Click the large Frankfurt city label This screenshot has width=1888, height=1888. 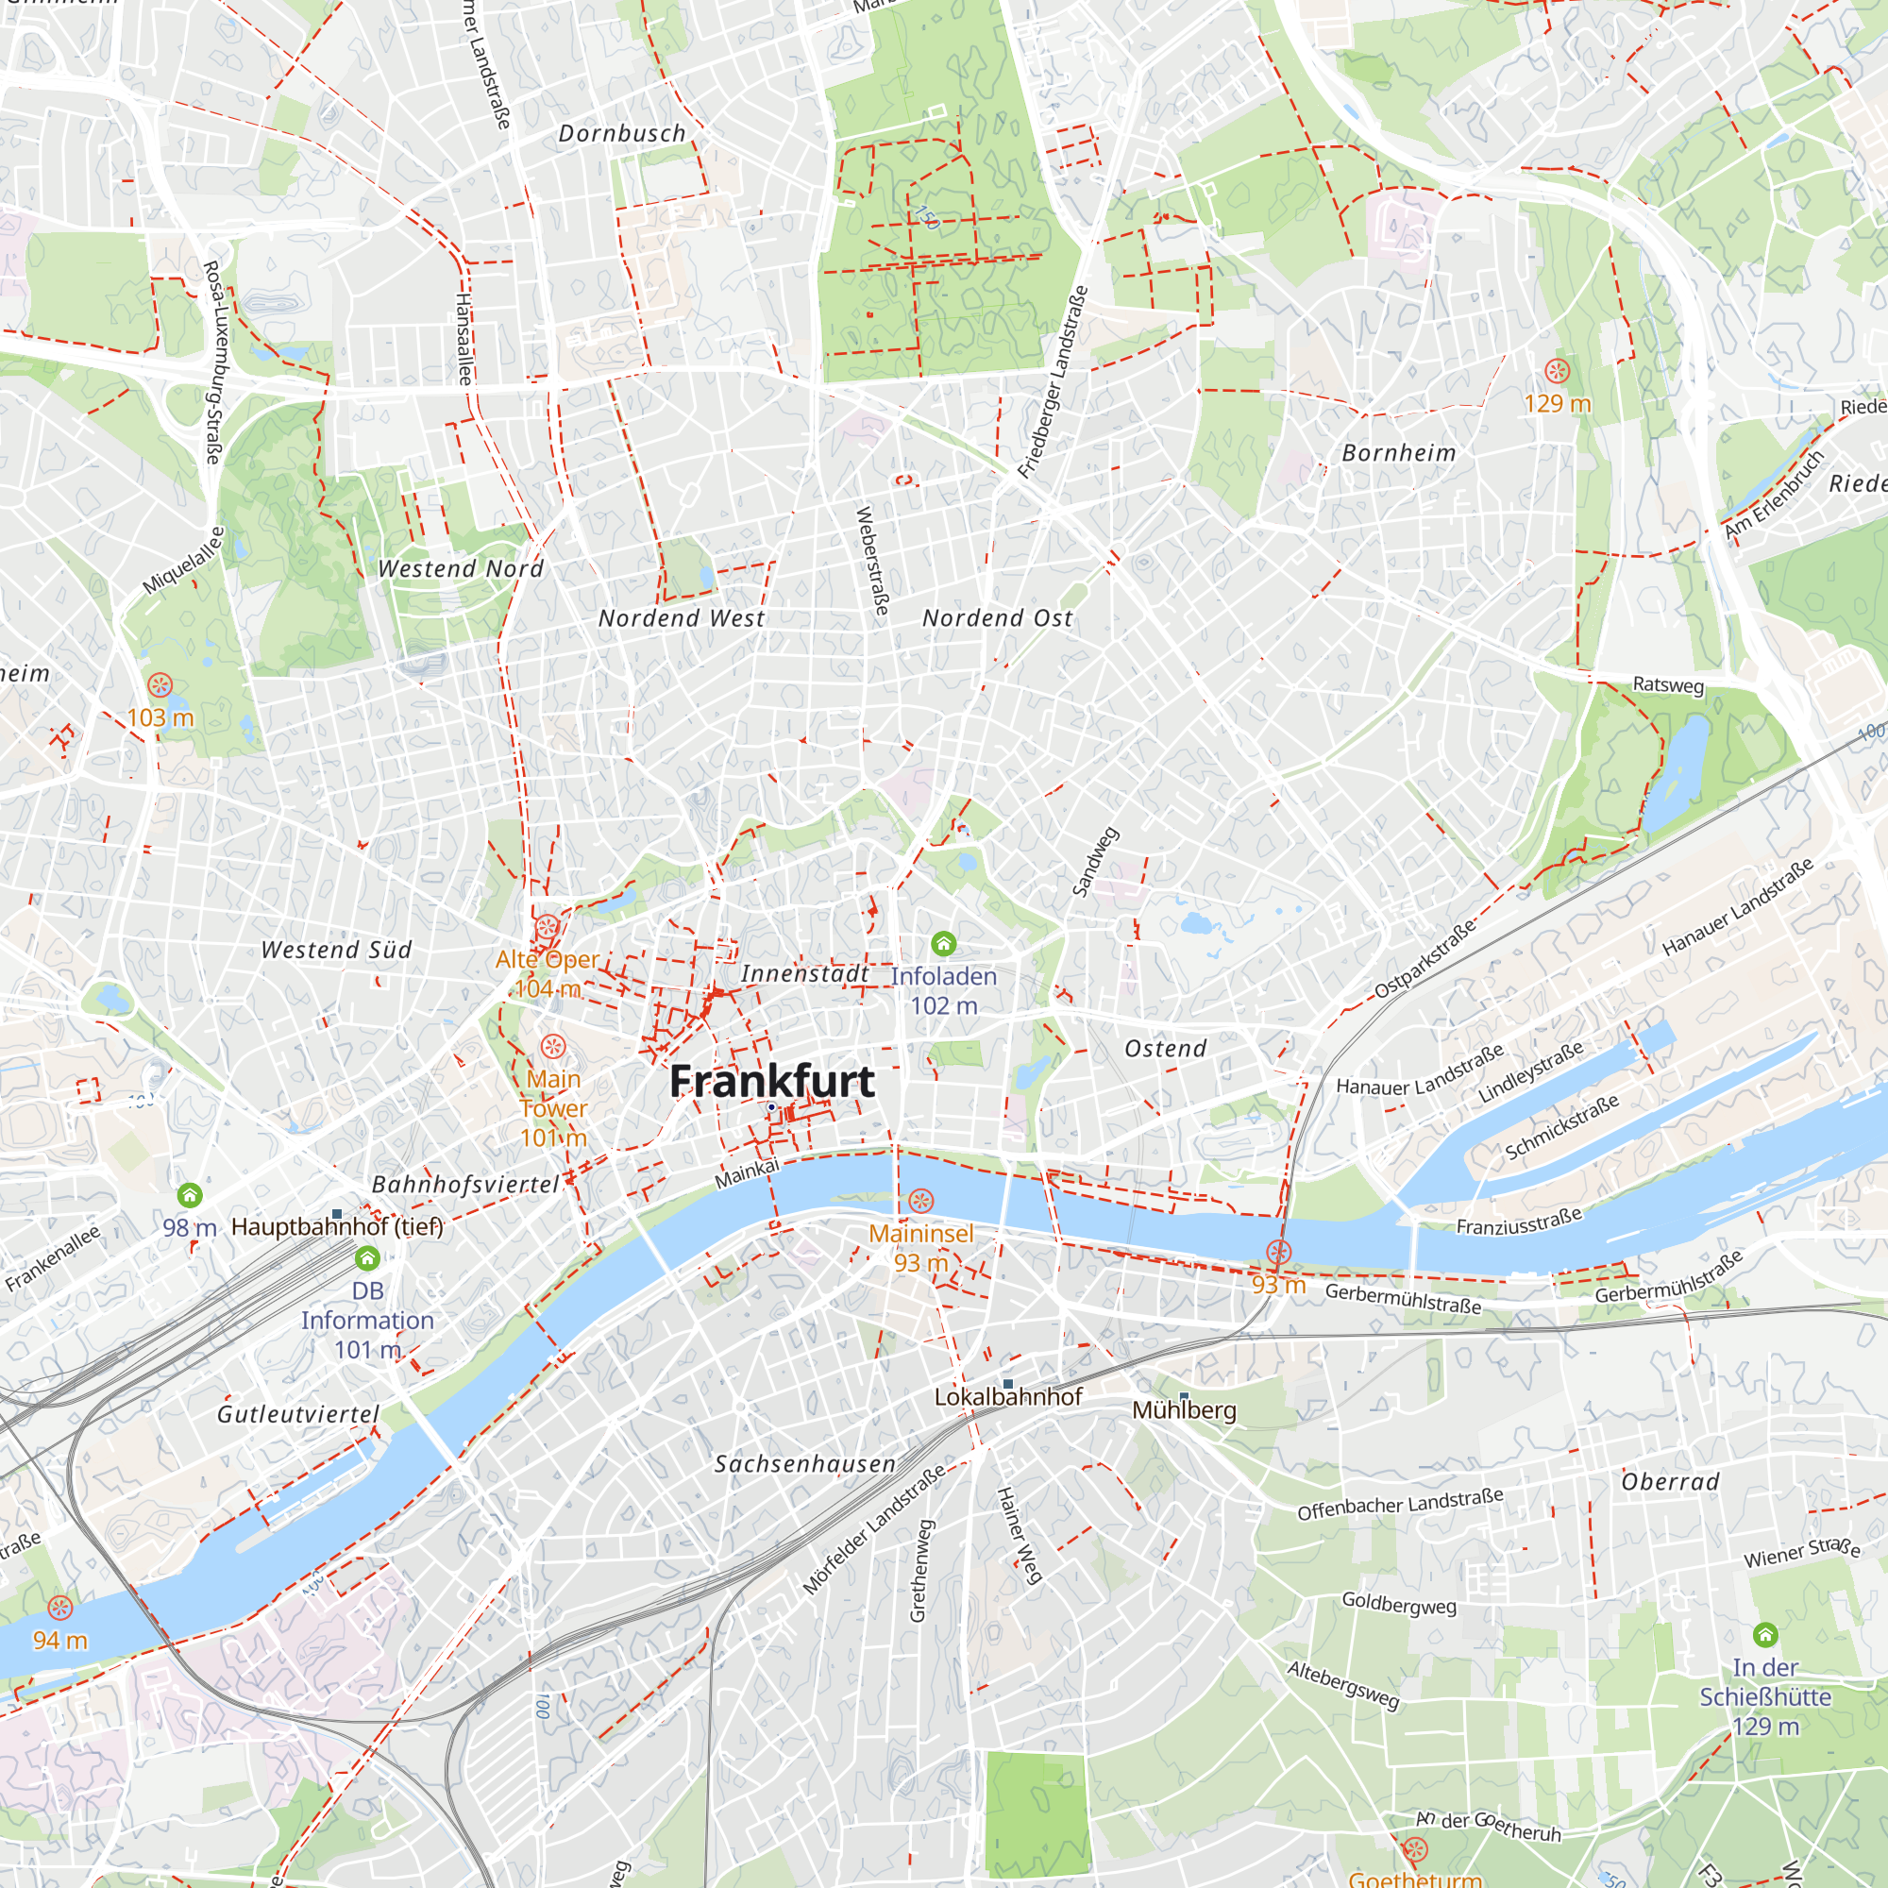[772, 1081]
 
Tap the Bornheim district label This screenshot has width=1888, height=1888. [1398, 453]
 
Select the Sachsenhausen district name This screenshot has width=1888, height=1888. [804, 1464]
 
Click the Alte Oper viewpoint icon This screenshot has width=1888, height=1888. [548, 926]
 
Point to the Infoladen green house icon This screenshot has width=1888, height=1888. [943, 943]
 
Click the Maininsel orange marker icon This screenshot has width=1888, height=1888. [920, 1200]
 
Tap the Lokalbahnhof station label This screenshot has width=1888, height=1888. [1007, 1397]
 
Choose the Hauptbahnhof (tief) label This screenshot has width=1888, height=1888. [337, 1226]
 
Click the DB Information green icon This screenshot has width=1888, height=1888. [367, 1257]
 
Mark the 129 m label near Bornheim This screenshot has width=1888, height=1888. [1557, 404]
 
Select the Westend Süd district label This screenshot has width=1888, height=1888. [336, 950]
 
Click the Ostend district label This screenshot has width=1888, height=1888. [1165, 1049]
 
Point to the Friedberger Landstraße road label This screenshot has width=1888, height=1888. [1053, 382]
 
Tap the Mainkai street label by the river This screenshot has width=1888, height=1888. [747, 1172]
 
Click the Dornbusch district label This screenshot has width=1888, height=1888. [621, 134]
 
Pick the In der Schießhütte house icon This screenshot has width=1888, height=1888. [1765, 1635]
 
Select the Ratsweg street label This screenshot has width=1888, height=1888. [1668, 685]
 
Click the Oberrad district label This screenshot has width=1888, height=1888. [1670, 1481]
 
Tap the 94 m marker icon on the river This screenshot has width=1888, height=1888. [60, 1608]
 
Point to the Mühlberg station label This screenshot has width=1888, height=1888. [1184, 1410]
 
